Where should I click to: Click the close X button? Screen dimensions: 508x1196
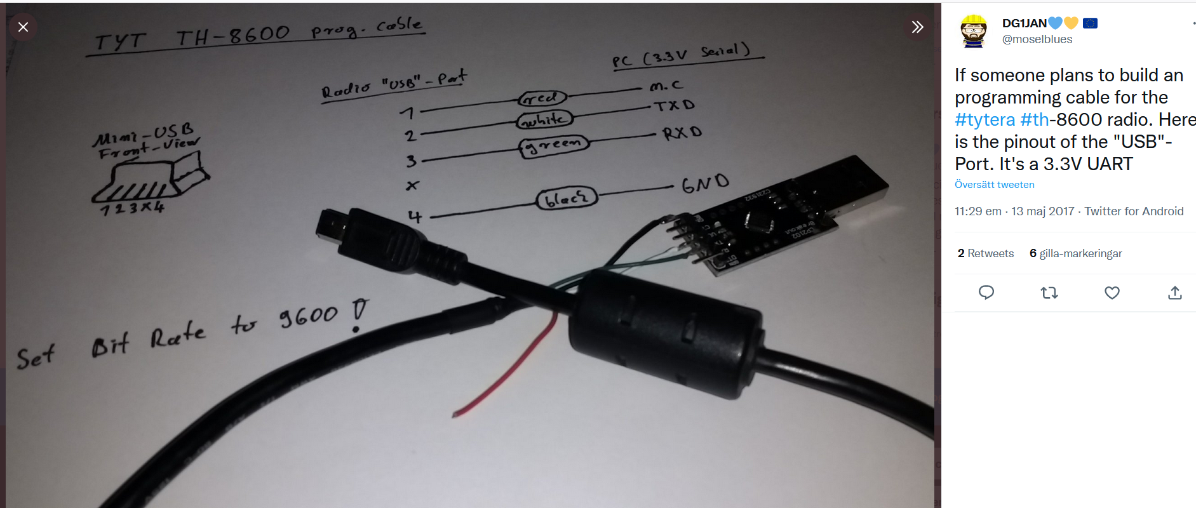point(24,27)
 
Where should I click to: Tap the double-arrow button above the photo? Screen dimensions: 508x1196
point(917,27)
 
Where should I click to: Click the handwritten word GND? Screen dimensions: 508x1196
point(705,184)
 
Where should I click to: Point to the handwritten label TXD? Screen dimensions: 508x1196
point(675,105)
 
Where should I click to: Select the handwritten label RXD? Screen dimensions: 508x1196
point(682,133)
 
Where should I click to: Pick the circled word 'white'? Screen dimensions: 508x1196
point(545,119)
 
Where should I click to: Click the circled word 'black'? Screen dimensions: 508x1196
point(567,199)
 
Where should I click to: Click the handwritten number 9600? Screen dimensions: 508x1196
point(309,316)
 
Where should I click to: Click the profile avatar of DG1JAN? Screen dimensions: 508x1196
point(973,31)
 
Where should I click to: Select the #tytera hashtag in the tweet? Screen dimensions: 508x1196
point(984,119)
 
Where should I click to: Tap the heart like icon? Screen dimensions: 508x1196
point(1112,293)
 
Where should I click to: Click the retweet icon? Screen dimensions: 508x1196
point(1049,293)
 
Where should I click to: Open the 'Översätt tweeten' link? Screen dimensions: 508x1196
point(994,185)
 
